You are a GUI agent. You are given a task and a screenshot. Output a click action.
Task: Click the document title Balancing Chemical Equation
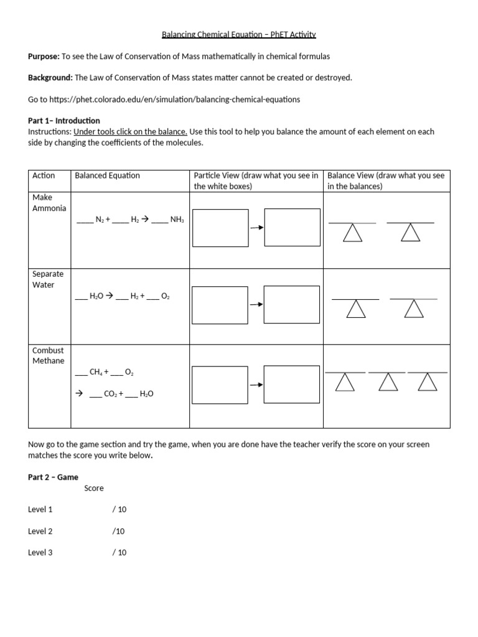239,35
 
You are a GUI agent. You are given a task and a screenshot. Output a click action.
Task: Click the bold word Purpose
43,56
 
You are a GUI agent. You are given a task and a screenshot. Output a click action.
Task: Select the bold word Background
50,78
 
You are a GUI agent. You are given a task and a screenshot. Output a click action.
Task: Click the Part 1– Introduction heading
64,121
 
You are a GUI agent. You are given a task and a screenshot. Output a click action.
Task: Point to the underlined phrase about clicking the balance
130,132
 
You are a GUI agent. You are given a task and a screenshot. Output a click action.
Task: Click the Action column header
44,175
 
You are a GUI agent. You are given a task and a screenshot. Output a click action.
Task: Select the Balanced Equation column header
107,175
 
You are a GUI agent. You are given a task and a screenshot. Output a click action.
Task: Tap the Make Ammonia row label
49,203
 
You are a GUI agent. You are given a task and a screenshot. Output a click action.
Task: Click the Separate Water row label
47,279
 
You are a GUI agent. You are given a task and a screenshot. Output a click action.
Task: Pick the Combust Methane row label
48,355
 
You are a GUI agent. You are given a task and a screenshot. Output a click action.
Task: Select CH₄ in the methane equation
96,372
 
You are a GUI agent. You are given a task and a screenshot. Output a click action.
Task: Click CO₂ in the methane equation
111,394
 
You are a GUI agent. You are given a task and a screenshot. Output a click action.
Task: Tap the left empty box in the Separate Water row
220,305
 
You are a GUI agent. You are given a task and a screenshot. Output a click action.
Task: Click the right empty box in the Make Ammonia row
292,228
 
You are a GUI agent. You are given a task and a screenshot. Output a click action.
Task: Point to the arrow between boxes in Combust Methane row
256,385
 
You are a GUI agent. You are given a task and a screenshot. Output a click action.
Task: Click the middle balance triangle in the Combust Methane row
388,383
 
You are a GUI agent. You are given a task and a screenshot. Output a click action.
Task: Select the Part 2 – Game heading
53,477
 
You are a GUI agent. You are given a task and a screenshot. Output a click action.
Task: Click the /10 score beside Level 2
119,531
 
